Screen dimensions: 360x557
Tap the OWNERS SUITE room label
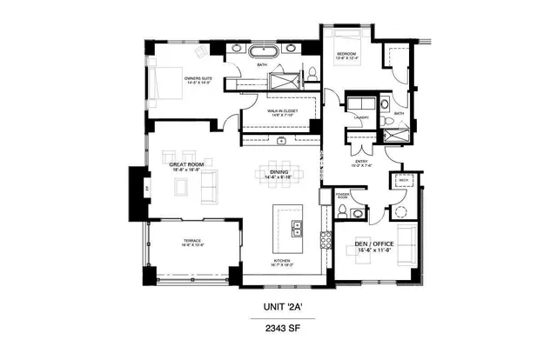click(x=198, y=80)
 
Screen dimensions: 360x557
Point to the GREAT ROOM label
click(x=185, y=163)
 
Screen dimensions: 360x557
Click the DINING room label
click(x=279, y=172)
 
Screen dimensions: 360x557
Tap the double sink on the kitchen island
click(x=297, y=230)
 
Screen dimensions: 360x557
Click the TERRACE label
click(x=191, y=240)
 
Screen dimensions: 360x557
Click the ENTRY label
click(x=361, y=159)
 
